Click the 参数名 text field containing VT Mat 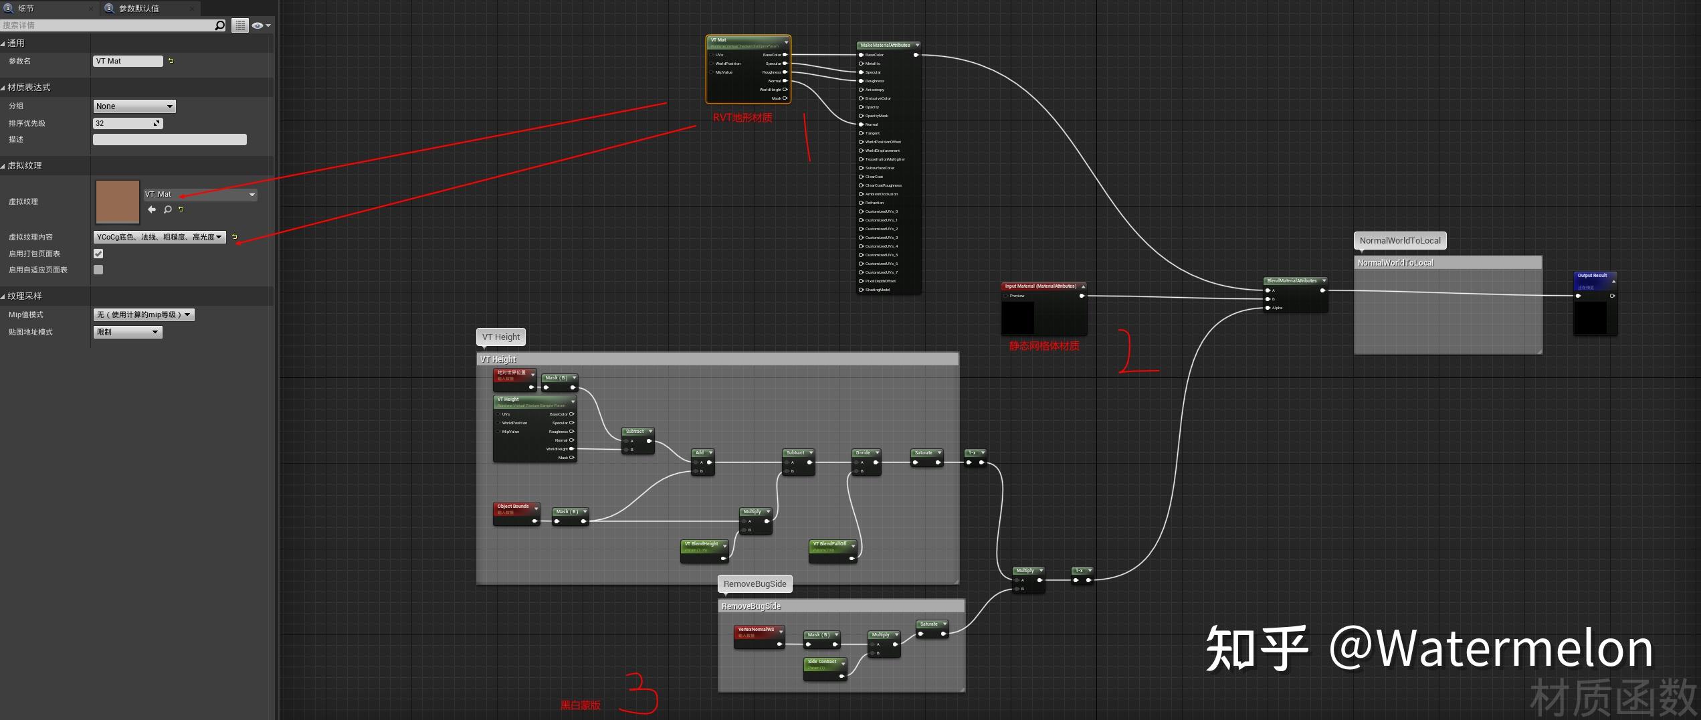(x=127, y=61)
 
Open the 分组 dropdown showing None (x=134, y=106)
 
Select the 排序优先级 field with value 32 (x=124, y=123)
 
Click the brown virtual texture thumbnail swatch (x=118, y=201)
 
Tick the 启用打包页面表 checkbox (x=98, y=254)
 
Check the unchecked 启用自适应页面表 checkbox (x=98, y=270)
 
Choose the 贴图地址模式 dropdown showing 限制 (x=127, y=332)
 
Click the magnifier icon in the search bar (x=219, y=25)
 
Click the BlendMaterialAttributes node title (x=1292, y=281)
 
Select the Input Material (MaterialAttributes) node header (x=1040, y=286)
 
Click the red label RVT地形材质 (x=742, y=118)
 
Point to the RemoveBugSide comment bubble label (x=755, y=584)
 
